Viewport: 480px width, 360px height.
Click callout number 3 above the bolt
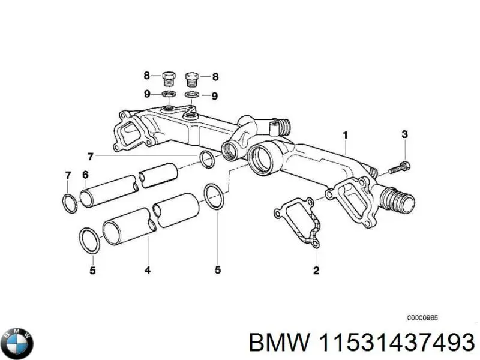tap(404, 134)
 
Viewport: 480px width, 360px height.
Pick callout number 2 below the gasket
tap(316, 271)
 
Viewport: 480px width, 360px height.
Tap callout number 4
tap(147, 271)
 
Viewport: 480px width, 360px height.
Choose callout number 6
tap(85, 175)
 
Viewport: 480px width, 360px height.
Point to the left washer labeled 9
tap(169, 95)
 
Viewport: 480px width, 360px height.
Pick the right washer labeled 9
tap(191, 95)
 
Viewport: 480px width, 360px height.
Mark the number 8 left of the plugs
tap(146, 76)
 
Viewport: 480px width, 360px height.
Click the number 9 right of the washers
tap(214, 95)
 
